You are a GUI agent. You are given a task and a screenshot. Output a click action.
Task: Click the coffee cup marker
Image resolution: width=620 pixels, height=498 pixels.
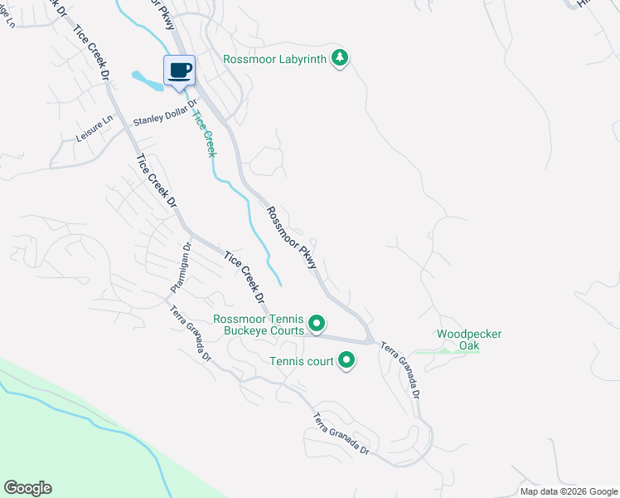(x=179, y=70)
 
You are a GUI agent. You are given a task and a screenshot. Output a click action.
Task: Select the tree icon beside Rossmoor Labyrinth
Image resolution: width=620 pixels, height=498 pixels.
(x=339, y=57)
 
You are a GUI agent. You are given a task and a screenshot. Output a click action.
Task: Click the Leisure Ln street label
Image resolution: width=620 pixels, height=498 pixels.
(x=94, y=129)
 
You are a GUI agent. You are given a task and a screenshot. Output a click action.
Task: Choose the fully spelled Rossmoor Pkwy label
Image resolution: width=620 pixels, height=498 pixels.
(x=291, y=237)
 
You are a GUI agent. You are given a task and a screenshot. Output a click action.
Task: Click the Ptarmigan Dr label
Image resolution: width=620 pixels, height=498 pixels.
(x=182, y=267)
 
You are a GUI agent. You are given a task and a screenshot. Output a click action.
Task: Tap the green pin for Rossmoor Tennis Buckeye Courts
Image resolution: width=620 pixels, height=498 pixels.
(x=316, y=323)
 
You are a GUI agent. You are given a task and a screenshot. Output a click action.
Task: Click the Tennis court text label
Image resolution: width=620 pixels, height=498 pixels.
(x=301, y=361)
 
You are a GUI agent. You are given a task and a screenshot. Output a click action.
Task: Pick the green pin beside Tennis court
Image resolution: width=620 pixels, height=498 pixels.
(x=346, y=360)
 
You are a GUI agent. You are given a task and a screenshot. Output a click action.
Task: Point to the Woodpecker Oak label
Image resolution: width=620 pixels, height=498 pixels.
(x=470, y=339)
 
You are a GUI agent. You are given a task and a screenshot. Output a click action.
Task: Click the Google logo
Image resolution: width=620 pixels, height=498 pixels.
(x=27, y=488)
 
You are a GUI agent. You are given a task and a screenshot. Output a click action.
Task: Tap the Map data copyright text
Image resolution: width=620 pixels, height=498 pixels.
(x=569, y=491)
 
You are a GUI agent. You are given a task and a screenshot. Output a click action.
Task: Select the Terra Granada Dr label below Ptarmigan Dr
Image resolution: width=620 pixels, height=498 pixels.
(x=191, y=334)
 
